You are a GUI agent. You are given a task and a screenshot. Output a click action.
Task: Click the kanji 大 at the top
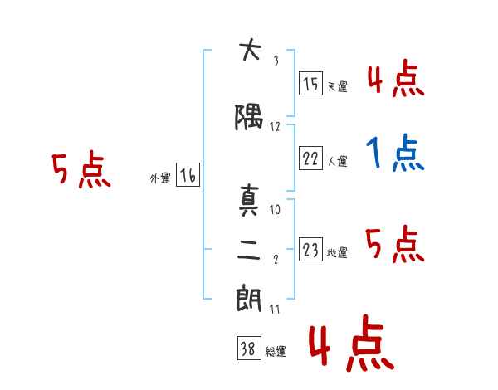(x=251, y=49)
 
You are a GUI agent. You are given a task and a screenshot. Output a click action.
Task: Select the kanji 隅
(x=249, y=117)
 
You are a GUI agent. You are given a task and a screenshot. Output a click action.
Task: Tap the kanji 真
(x=249, y=200)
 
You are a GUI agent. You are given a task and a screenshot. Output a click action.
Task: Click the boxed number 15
(x=310, y=84)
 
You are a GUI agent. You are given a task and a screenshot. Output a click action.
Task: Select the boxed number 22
(x=310, y=158)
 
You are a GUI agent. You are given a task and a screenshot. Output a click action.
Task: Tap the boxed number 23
(x=310, y=249)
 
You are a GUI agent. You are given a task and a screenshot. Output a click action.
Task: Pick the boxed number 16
(x=188, y=175)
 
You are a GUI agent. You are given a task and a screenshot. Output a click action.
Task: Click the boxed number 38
(x=249, y=348)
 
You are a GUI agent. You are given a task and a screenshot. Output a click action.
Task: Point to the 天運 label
(x=338, y=86)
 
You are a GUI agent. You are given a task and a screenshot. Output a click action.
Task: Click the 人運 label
(x=338, y=161)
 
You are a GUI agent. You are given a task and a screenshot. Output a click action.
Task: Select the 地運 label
(x=337, y=252)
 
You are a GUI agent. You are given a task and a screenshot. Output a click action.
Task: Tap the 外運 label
(x=160, y=178)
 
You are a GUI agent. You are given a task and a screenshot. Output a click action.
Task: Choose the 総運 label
(x=276, y=351)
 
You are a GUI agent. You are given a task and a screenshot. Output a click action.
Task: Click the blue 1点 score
(x=395, y=153)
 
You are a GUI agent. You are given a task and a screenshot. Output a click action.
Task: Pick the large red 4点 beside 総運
(x=352, y=343)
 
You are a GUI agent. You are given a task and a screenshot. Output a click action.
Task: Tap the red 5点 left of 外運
(x=81, y=169)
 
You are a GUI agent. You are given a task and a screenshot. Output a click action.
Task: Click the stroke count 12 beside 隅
(x=275, y=127)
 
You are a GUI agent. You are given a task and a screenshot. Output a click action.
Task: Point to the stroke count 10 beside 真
(x=275, y=209)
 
